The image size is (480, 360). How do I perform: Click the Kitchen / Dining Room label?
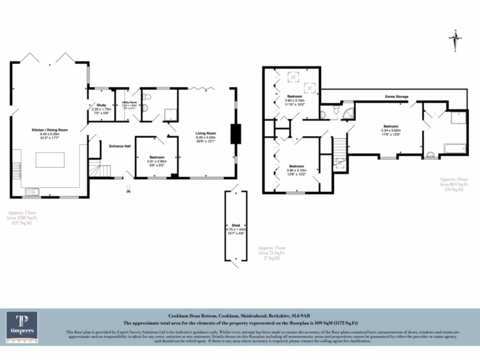[x=50, y=129]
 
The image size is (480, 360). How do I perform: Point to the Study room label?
[x=102, y=105]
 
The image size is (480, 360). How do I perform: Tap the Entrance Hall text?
[x=120, y=146]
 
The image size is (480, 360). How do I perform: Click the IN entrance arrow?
[x=129, y=189]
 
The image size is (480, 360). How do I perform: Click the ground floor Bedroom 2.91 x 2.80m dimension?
[x=157, y=161]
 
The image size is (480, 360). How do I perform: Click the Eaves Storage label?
[x=397, y=97]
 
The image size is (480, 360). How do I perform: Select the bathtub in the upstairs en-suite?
[x=454, y=149]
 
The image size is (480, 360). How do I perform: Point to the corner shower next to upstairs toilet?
[x=348, y=112]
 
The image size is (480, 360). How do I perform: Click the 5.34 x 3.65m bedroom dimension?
[x=391, y=130]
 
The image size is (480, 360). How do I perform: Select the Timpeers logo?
[x=22, y=327]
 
